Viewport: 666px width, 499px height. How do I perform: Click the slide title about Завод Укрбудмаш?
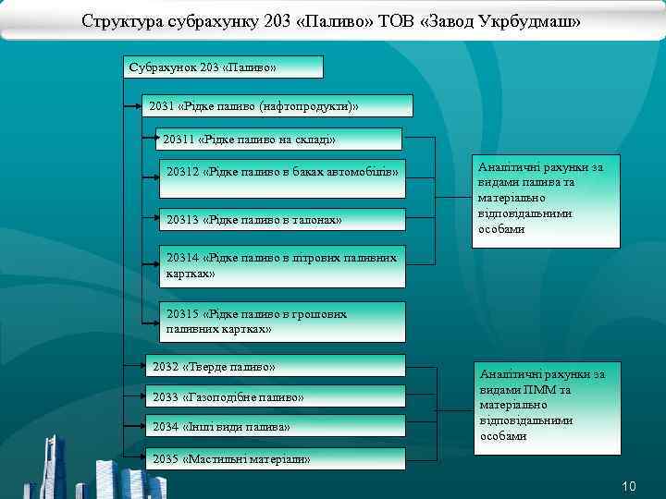pos(331,20)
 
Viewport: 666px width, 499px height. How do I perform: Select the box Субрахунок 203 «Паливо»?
pos(223,67)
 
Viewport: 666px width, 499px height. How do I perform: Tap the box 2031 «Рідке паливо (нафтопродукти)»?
pos(273,106)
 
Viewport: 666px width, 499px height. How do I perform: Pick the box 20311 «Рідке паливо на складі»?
pos(280,140)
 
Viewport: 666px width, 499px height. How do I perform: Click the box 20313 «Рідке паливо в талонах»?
pos(282,220)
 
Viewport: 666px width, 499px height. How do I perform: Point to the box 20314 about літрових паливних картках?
pos(282,266)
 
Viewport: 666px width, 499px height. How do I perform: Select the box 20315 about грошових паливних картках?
pos(282,322)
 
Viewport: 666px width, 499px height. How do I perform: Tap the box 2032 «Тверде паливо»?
pos(276,366)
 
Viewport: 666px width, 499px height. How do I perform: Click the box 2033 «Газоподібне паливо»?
pos(276,396)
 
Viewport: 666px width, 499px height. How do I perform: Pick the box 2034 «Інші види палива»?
pos(276,426)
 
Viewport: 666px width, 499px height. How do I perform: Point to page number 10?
pos(629,486)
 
